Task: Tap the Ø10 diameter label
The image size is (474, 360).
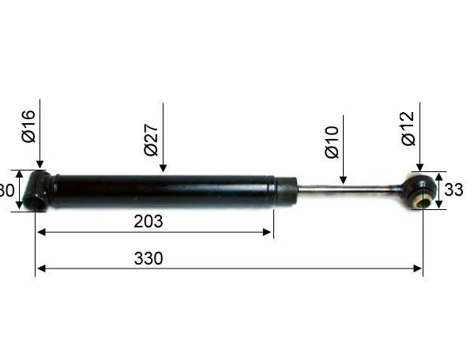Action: click(x=331, y=141)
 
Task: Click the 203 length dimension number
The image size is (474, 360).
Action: click(x=149, y=221)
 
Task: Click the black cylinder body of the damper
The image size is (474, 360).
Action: click(x=158, y=191)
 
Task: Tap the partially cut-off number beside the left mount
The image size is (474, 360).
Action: click(x=6, y=190)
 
